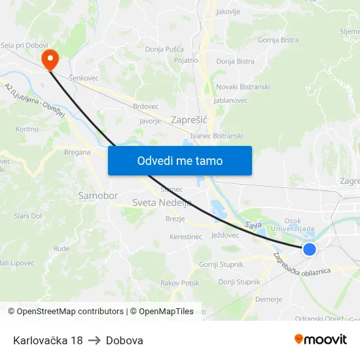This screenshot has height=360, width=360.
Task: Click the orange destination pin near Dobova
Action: (50, 59)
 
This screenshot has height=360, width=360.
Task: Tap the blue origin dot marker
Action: (310, 249)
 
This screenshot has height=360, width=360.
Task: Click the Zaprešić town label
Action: (189, 120)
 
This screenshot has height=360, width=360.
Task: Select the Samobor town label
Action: (98, 196)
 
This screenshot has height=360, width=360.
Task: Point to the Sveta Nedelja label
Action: (162, 203)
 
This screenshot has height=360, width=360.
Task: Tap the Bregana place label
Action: (77, 152)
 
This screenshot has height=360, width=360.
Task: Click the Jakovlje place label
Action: (228, 12)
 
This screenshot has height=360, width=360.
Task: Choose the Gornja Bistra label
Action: (278, 40)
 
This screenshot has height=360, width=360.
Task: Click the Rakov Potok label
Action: (179, 283)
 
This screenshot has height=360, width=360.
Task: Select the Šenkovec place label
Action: (83, 78)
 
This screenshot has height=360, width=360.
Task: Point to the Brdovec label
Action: (145, 106)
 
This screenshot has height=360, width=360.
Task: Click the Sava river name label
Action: (253, 225)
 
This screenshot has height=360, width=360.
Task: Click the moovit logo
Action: (320, 340)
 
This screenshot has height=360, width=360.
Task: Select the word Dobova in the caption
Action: (124, 340)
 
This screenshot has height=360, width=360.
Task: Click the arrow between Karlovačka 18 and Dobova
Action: (94, 340)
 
